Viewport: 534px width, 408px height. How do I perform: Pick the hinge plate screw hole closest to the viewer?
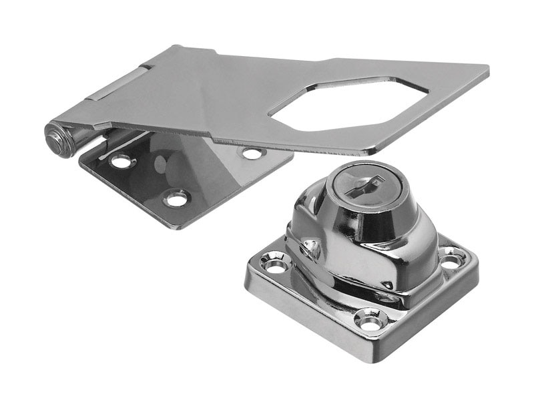click(x=177, y=198)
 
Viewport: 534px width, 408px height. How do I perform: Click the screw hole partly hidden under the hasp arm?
click(x=252, y=153)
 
